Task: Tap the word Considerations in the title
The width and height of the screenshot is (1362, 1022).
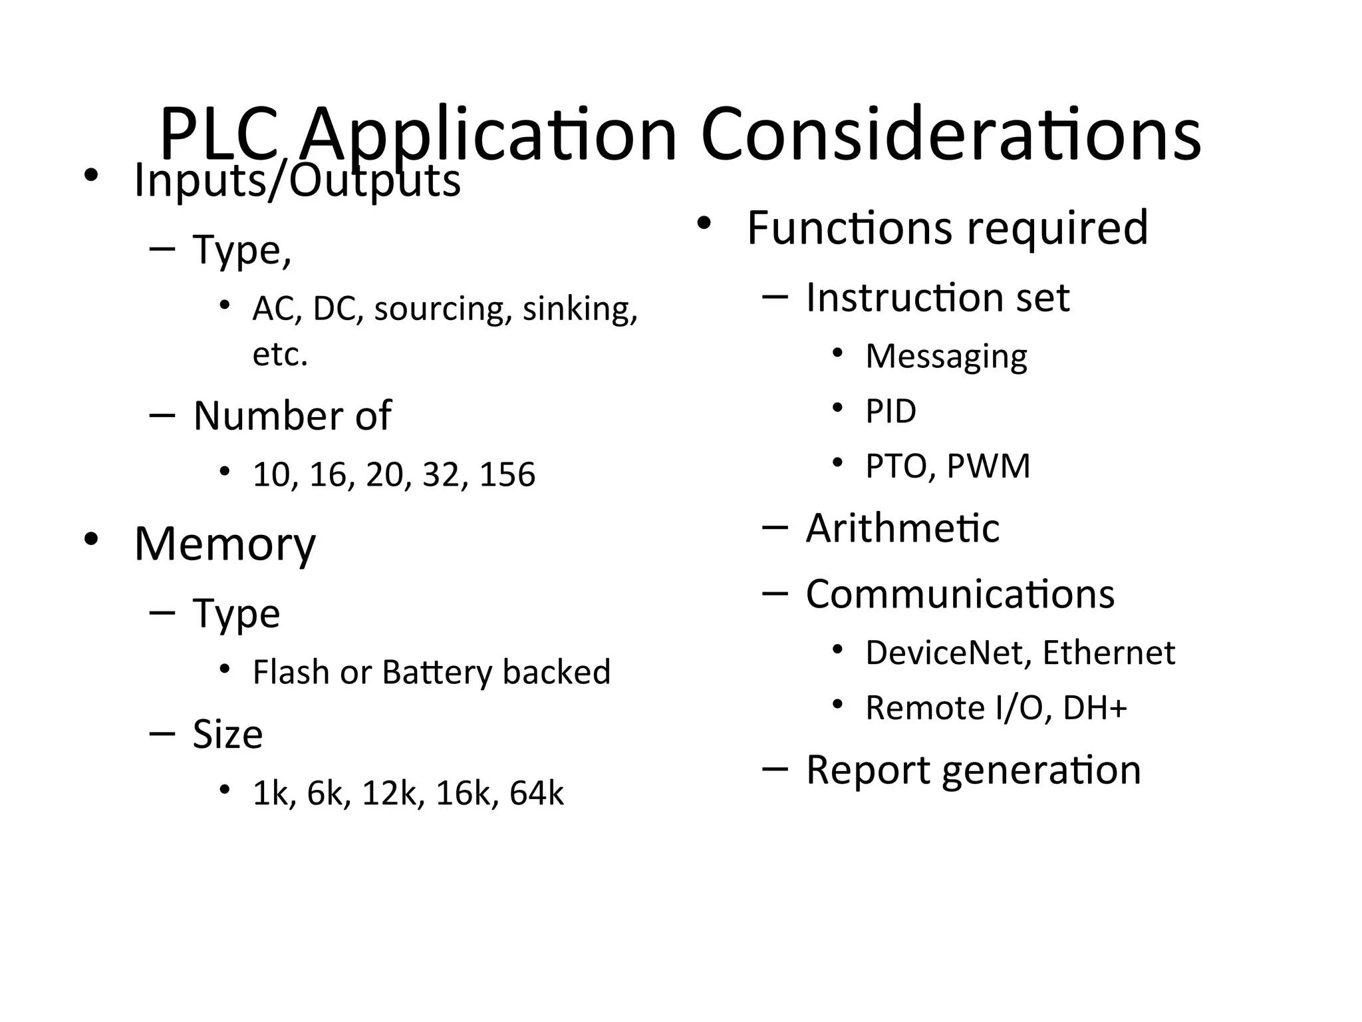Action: click(x=950, y=135)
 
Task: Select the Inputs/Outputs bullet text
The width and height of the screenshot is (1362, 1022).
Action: click(x=297, y=181)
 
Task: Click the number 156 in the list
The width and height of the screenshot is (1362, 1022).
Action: click(x=507, y=474)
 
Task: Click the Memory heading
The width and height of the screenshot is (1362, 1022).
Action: click(x=225, y=544)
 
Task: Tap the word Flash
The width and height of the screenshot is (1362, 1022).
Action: click(x=292, y=672)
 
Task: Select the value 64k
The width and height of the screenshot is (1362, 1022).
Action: click(x=536, y=793)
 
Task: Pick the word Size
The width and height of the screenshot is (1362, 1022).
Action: click(x=227, y=734)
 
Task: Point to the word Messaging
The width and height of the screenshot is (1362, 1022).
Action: click(x=946, y=357)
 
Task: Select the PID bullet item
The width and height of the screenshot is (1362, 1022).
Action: click(x=890, y=411)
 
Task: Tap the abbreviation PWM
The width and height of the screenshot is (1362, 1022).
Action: click(x=988, y=466)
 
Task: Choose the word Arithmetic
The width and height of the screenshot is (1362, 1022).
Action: click(x=902, y=528)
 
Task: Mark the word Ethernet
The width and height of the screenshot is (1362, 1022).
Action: click(x=1109, y=653)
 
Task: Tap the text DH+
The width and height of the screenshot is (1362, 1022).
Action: click(x=1095, y=707)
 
